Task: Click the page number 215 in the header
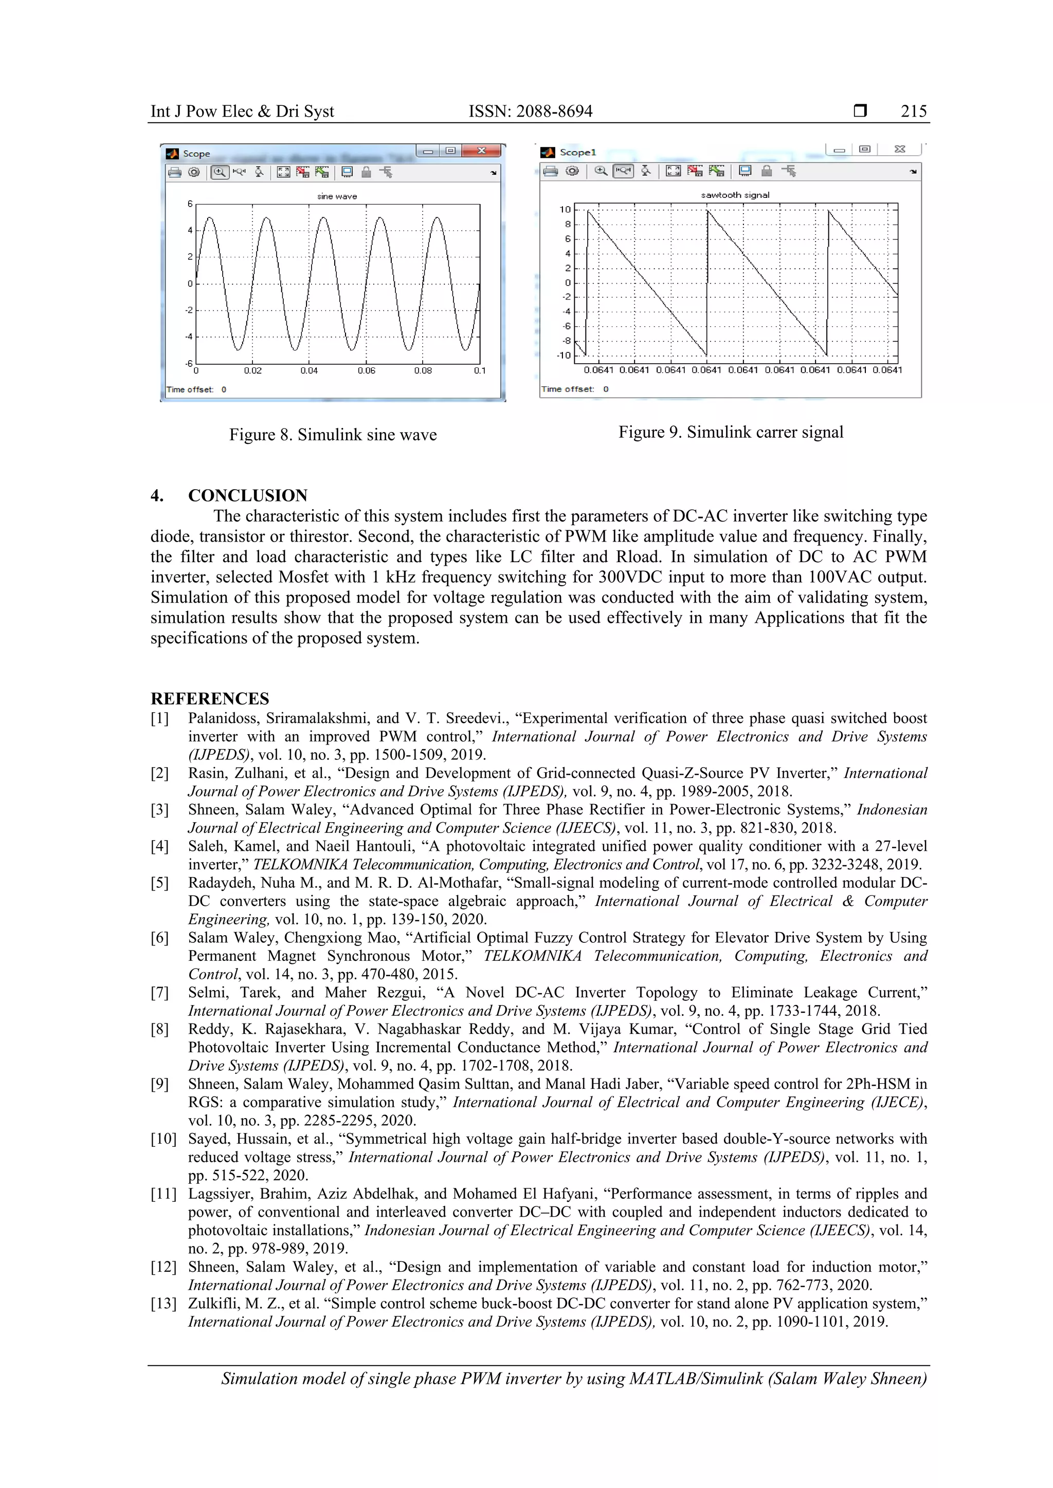913,111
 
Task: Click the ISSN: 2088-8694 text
531,111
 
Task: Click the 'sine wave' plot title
337,196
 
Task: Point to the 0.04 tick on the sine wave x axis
310,370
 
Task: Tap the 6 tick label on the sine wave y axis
190,204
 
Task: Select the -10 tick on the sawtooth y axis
564,355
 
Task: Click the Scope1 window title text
577,152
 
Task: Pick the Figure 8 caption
333,435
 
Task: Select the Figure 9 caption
731,432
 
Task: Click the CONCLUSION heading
248,496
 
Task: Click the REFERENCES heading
209,699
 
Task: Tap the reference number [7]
159,992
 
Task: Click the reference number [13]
164,1304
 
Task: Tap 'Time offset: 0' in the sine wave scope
196,389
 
